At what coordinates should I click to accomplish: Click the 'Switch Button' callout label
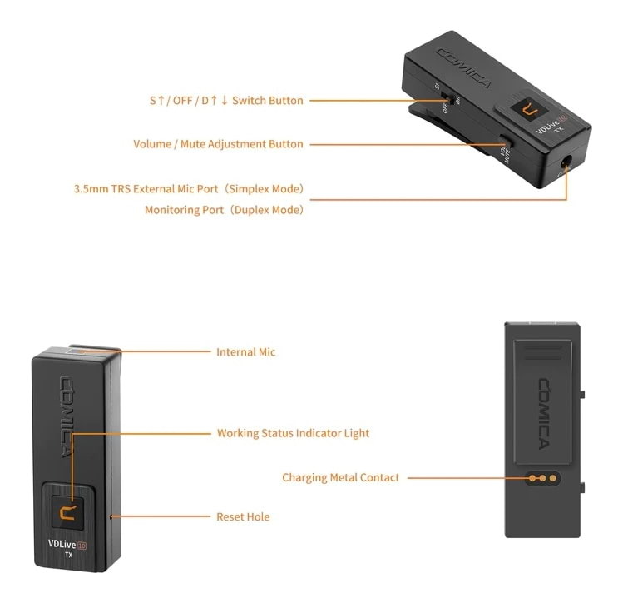pos(226,101)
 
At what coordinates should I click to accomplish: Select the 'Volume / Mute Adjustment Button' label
pos(219,144)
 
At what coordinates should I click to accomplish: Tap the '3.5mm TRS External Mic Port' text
pos(188,189)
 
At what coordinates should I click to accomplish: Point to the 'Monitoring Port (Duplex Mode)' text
pos(225,210)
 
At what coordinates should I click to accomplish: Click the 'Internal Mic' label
pos(245,352)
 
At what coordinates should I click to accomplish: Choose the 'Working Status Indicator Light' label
pos(293,433)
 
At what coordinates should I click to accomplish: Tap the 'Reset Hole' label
pos(243,517)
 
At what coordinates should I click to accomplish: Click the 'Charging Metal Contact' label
pos(341,478)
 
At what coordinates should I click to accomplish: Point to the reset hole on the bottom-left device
pos(111,517)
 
